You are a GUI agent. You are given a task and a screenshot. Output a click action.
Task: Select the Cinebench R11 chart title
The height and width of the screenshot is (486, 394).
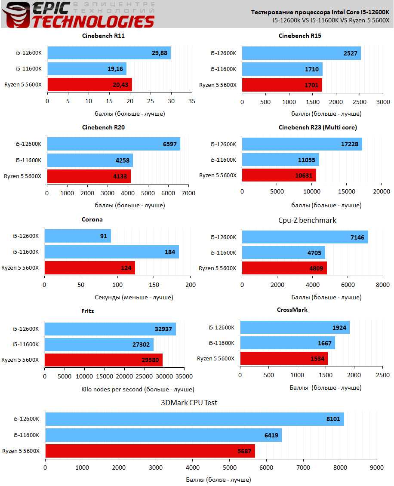pos(103,36)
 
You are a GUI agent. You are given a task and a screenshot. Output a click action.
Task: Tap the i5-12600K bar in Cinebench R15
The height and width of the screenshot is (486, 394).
pos(301,53)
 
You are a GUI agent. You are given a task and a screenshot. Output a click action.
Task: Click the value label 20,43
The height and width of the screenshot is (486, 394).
pos(121,85)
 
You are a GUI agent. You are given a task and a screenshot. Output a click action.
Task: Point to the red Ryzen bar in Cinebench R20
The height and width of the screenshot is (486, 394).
pos(89,176)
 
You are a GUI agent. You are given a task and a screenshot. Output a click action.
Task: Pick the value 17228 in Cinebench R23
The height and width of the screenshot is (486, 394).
pos(350,145)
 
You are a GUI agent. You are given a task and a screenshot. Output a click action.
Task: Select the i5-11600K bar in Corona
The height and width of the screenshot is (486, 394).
pos(111,252)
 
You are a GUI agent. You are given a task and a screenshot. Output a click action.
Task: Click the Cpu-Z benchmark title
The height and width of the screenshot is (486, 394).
pos(307,220)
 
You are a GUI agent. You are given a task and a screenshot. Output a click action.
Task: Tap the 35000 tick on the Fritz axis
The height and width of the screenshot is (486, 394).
pos(184,376)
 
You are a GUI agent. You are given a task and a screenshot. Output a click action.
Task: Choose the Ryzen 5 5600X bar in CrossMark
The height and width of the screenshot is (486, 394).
pos(284,359)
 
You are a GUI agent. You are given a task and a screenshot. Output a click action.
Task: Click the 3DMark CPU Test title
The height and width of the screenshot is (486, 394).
pos(189,403)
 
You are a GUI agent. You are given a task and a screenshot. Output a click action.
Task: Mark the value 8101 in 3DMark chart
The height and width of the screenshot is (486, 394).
pos(331,419)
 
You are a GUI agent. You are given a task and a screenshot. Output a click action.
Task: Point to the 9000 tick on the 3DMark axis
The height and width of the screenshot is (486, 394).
pos(377,467)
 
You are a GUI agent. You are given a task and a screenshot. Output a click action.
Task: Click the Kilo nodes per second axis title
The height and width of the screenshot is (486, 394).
pos(138,389)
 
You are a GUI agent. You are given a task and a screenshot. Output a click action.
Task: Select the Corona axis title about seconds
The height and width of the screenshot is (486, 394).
pos(133,297)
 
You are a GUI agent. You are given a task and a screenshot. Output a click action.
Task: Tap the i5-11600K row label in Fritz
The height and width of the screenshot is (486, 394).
pos(26,344)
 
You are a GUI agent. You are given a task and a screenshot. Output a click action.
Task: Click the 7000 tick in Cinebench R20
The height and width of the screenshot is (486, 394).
pos(188,193)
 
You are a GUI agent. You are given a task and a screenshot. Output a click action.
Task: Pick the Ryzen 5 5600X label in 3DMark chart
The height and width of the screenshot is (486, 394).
pos(21,451)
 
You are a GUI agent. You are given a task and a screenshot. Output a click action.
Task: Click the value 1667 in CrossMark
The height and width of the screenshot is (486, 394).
pos(323,343)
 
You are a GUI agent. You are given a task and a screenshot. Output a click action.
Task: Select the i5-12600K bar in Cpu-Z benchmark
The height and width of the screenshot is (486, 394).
pos(305,237)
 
